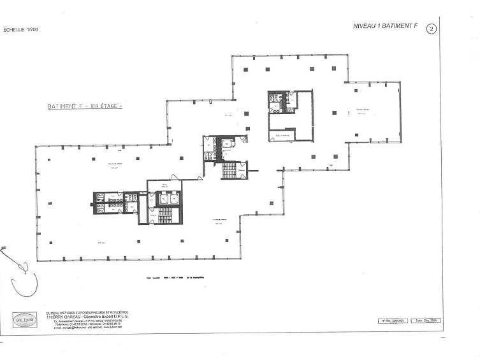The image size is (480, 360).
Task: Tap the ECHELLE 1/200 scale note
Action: point(21,30)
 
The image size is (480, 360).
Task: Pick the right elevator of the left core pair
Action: point(174,199)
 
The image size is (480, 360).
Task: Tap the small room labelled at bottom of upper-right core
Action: point(281,134)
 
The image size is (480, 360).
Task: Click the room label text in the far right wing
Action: point(364,110)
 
